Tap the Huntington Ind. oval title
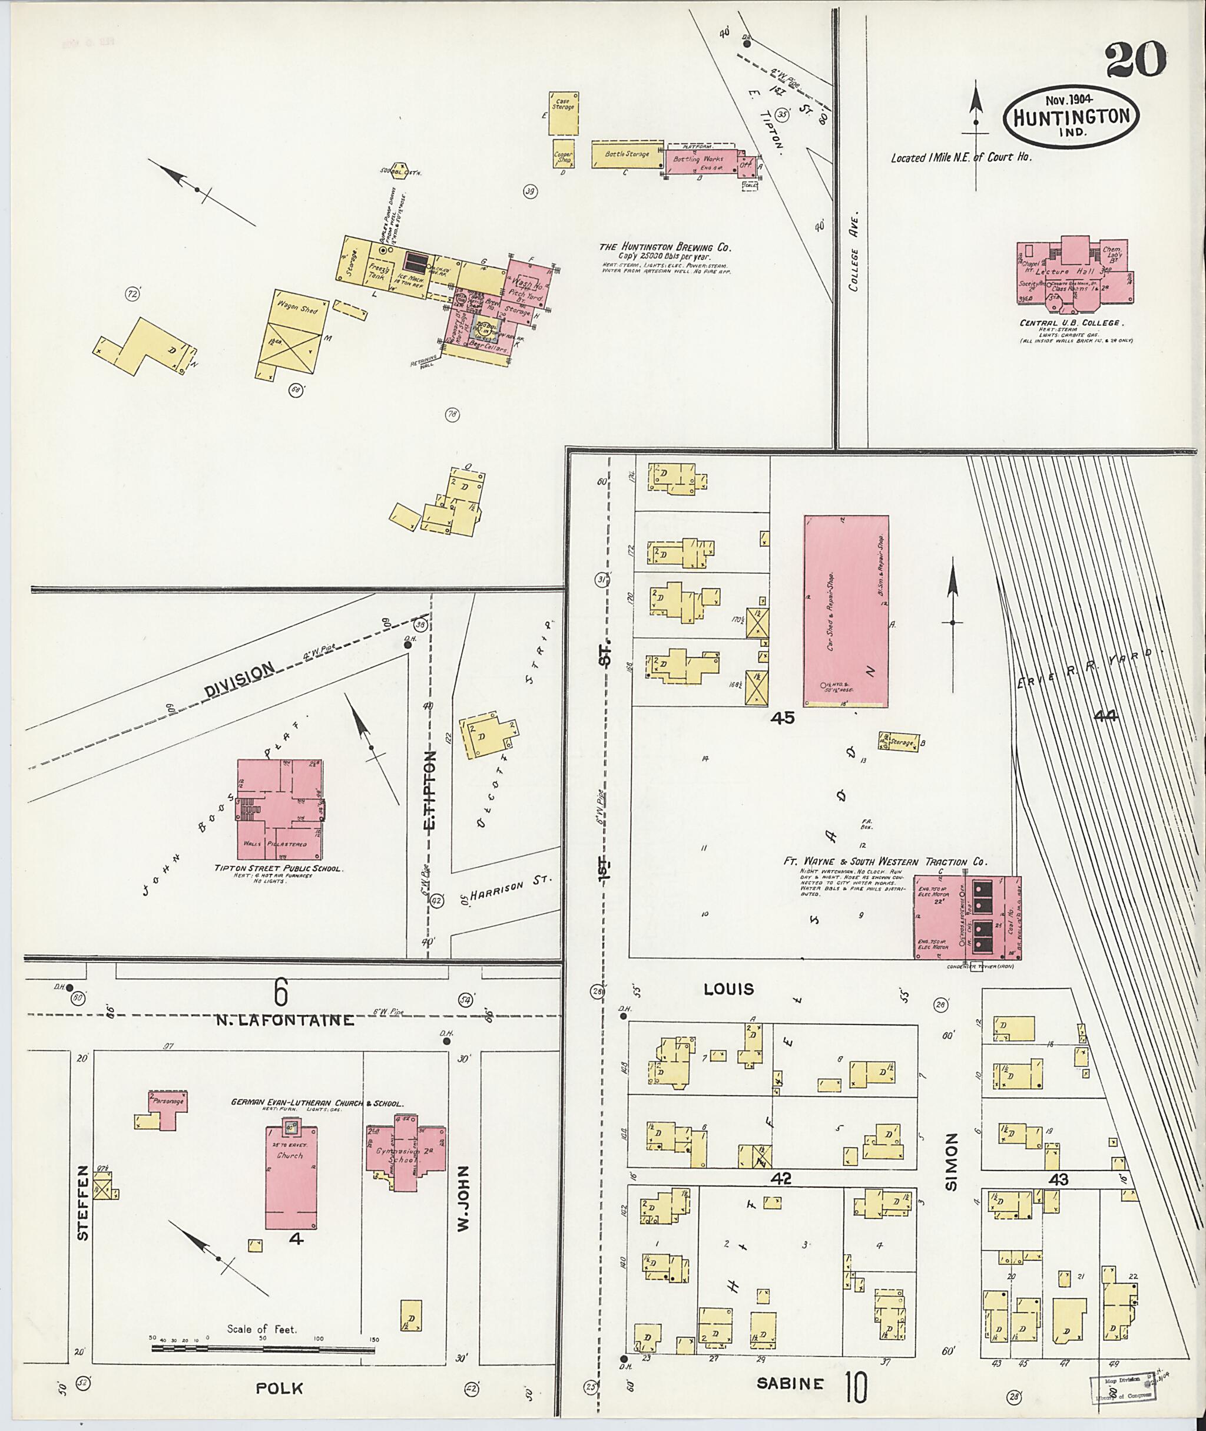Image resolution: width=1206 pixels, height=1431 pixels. (1071, 118)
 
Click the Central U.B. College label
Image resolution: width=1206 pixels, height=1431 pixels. (1071, 323)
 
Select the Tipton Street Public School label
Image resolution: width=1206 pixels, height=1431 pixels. (279, 869)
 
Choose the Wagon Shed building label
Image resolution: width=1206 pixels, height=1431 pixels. (297, 309)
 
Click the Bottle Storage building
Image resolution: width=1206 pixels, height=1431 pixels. (627, 154)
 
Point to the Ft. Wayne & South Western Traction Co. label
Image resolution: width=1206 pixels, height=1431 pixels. (884, 862)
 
